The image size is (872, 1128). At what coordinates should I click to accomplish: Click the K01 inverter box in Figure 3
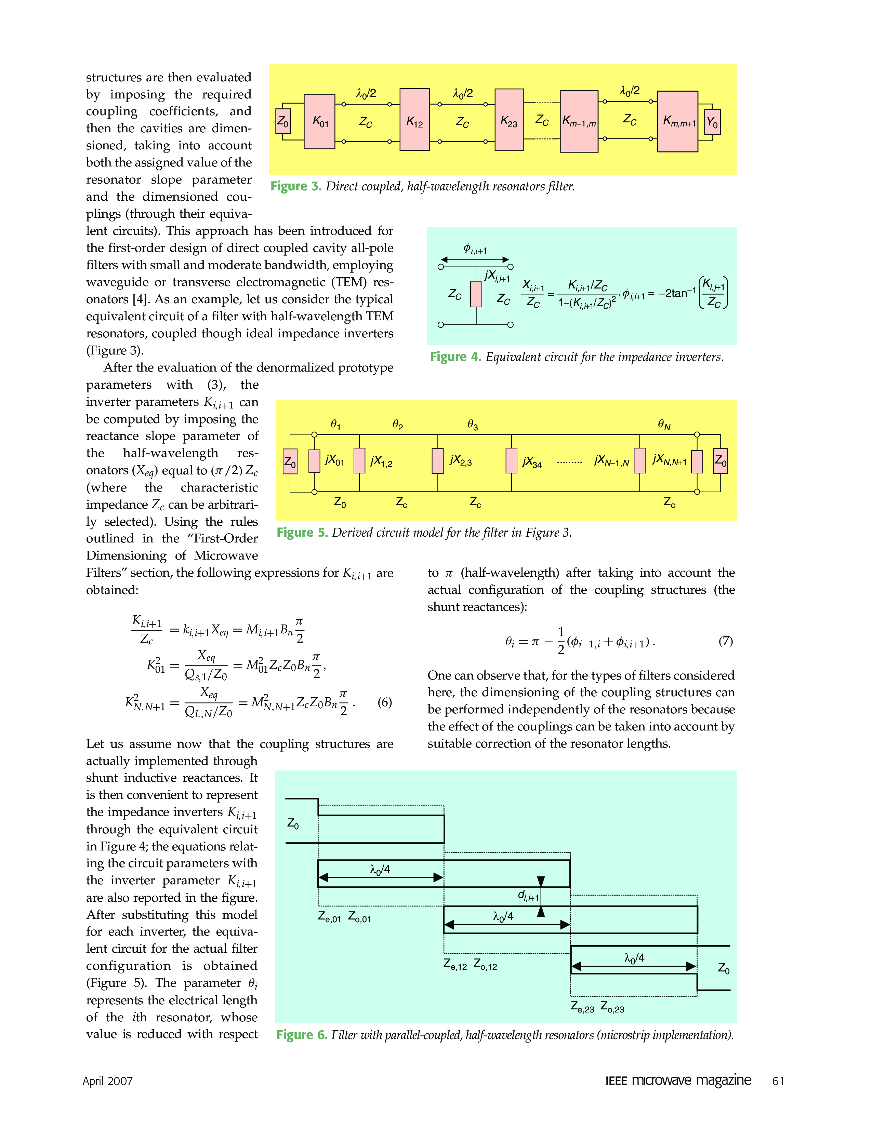tap(319, 121)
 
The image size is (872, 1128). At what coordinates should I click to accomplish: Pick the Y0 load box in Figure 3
tap(712, 122)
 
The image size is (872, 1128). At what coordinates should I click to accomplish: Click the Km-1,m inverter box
tap(579, 121)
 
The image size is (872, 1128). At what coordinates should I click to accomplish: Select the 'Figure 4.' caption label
tap(455, 357)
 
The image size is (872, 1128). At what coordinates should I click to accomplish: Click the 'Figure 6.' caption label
tap(302, 1035)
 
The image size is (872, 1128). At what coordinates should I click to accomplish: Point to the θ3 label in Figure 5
tap(473, 425)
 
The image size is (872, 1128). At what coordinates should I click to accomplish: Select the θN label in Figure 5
tap(664, 425)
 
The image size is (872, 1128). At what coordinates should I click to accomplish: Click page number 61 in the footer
tap(778, 1081)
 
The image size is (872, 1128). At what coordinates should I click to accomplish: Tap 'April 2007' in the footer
tap(107, 1081)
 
